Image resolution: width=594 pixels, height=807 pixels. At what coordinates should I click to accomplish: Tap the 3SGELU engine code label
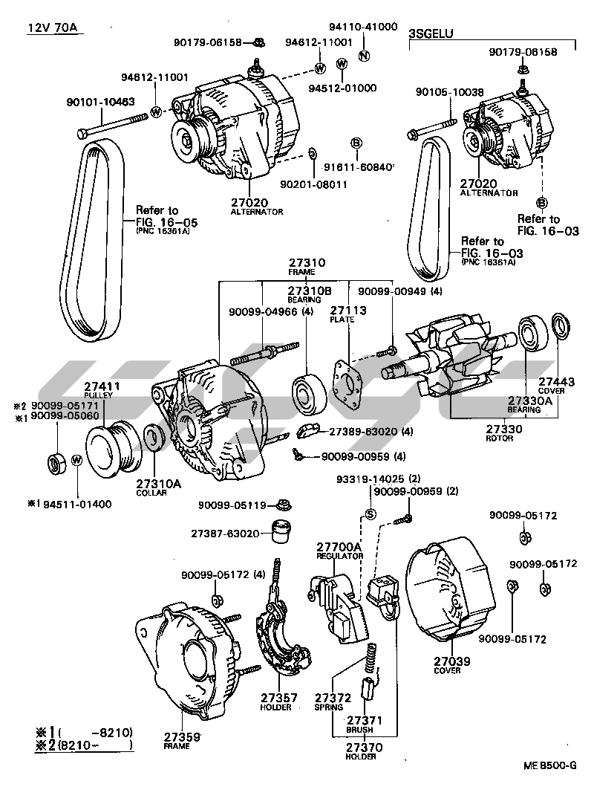tap(431, 33)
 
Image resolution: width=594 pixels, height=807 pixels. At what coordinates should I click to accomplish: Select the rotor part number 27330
tap(505, 430)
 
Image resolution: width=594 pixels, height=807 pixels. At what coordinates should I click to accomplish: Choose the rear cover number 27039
tap(452, 661)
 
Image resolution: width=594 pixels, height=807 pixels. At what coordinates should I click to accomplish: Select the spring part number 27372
tap(333, 698)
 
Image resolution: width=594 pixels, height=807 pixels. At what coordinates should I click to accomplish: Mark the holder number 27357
tap(279, 698)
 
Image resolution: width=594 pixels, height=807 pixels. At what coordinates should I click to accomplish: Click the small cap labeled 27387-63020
tap(280, 533)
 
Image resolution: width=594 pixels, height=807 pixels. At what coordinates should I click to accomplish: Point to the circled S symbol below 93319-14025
tap(371, 514)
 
